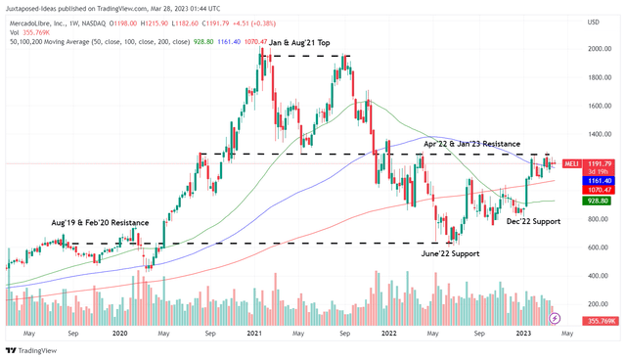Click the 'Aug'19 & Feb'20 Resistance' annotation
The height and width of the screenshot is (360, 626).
[x=94, y=223]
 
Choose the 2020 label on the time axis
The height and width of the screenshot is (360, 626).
[x=120, y=334]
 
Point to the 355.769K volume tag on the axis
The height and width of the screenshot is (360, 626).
[x=600, y=320]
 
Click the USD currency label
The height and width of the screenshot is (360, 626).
[x=593, y=22]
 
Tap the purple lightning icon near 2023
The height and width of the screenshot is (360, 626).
[x=556, y=317]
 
